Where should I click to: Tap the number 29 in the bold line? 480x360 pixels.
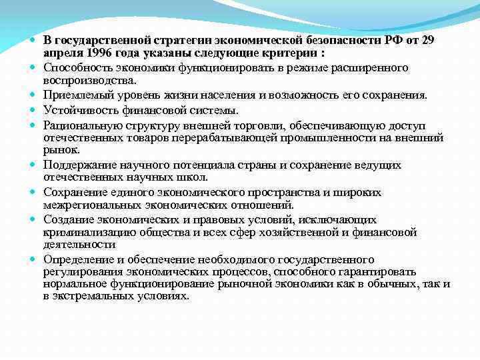pos(427,41)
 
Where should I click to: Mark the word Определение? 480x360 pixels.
pos(76,259)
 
